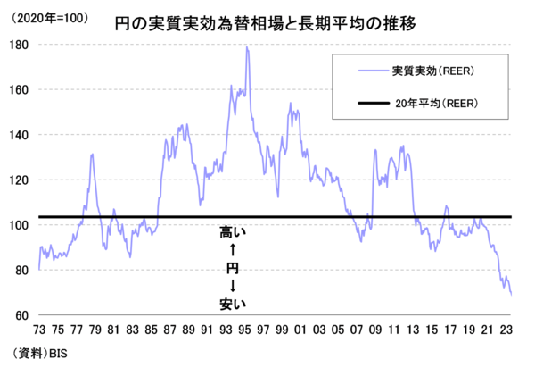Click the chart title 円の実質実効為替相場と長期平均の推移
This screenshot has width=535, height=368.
tap(273, 21)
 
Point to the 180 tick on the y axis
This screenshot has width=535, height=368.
tap(22, 45)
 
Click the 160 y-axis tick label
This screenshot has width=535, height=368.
tap(22, 89)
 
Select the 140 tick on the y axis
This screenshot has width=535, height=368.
tap(22, 135)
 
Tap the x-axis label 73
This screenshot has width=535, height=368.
tap(40, 329)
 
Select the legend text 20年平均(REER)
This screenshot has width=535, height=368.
tap(425, 104)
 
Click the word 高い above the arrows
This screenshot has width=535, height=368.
tap(232, 233)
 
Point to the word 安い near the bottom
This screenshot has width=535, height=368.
tap(232, 305)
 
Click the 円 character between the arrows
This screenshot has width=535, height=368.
tap(232, 268)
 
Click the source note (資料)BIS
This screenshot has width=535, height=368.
tap(37, 354)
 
